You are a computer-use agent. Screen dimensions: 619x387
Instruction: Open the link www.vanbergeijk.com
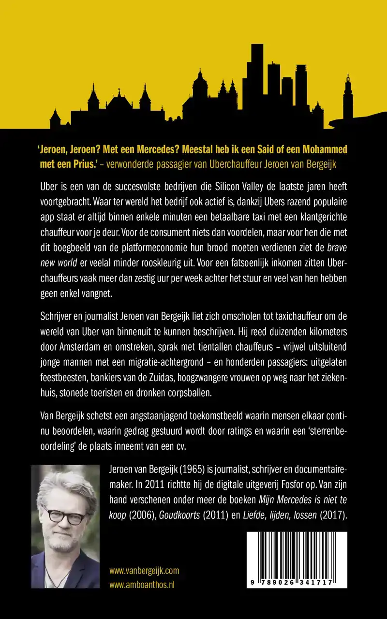(x=144, y=571)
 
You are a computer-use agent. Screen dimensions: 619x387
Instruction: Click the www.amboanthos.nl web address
(x=142, y=584)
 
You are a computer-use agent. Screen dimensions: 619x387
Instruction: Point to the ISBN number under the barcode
(x=297, y=583)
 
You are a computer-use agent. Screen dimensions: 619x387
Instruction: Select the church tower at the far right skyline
(x=347, y=97)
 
